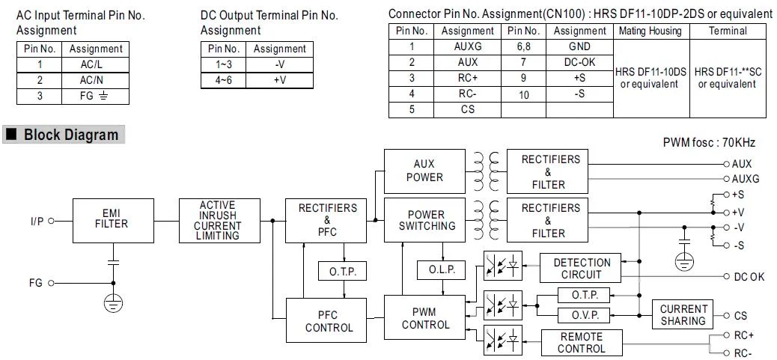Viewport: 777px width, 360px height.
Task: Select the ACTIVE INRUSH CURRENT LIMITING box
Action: pos(217,220)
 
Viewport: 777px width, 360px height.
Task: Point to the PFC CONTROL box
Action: pos(329,320)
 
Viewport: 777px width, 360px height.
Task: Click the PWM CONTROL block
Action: pos(425,318)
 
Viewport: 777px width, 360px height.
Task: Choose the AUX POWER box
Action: pos(424,171)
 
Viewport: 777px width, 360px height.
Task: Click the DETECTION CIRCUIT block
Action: pos(582,269)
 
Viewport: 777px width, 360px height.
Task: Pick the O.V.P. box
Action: pos(585,315)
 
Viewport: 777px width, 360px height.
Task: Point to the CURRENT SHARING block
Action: pos(683,314)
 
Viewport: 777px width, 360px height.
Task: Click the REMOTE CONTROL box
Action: pos(582,343)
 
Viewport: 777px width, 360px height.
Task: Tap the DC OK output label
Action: pos(749,277)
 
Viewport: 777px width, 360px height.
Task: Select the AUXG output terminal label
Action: pos(745,179)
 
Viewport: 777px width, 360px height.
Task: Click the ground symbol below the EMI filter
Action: pos(113,302)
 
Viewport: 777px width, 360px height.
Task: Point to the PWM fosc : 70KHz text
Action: pos(709,143)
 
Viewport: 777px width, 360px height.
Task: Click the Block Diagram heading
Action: pos(71,135)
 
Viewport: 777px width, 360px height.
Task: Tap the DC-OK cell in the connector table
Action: pos(579,62)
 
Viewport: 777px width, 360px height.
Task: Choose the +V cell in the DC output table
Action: pos(279,79)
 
